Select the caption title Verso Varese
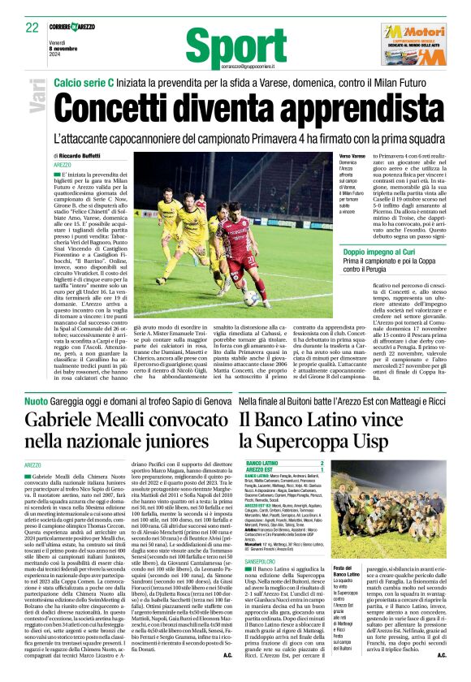tap(330, 156)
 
